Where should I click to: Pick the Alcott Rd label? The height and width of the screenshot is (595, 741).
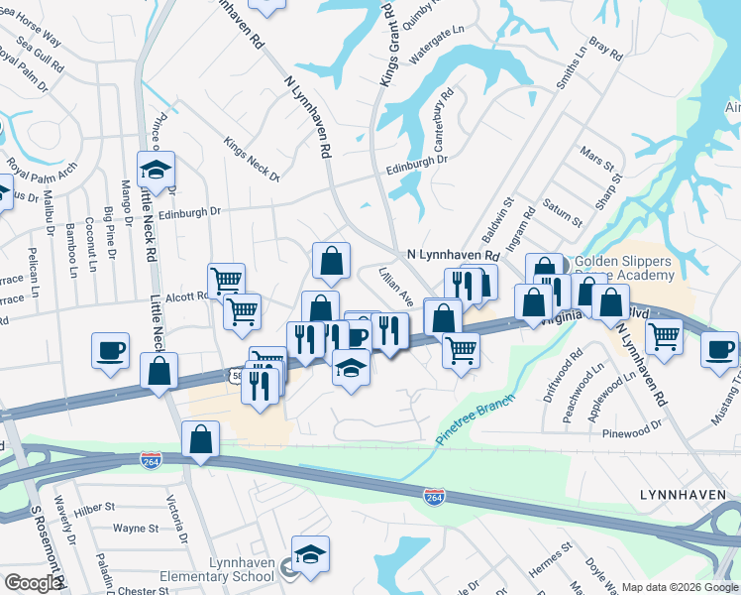pyautogui.click(x=186, y=296)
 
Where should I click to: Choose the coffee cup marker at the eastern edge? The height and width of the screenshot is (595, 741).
pyautogui.click(x=720, y=349)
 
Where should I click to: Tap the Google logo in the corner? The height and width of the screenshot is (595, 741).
pyautogui.click(x=33, y=583)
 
